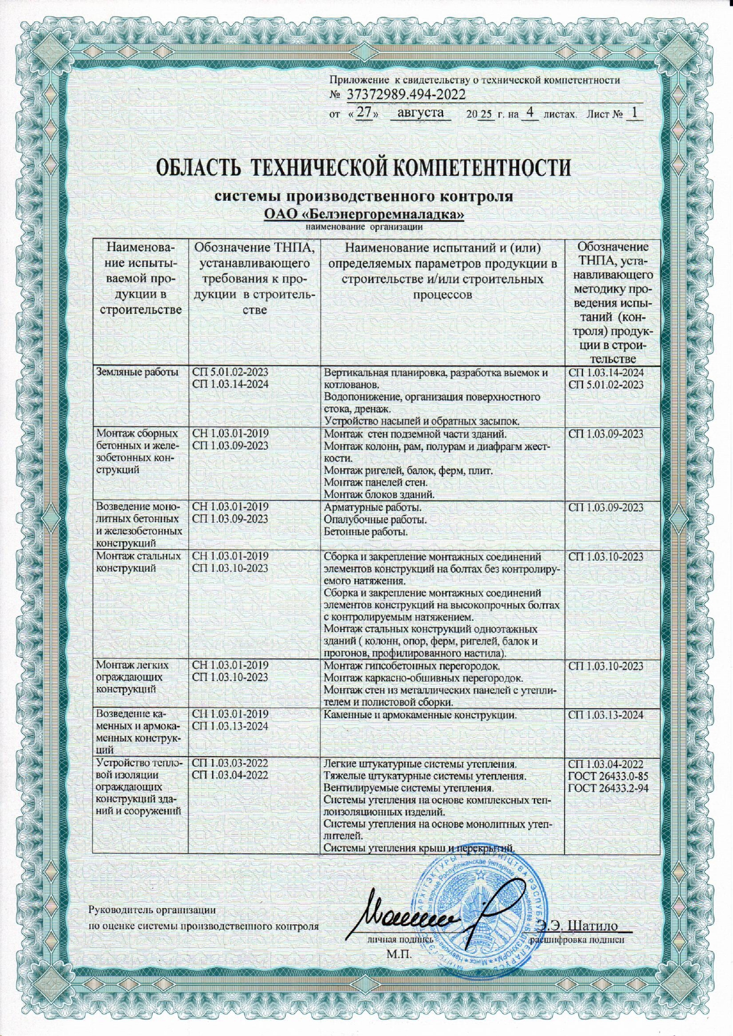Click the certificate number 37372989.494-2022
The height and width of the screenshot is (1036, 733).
pos(406,95)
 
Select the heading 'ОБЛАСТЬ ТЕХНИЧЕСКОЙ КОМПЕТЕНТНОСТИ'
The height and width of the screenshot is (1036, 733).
pos(364,167)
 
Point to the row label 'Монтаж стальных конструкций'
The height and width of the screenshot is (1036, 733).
pos(138,562)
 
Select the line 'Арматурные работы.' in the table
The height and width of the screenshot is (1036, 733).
pos(373,508)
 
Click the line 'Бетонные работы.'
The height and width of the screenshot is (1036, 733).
pos(366,532)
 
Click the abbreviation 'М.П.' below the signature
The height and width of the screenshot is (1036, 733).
pos(398,953)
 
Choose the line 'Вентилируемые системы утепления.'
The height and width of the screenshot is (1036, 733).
pos(409,788)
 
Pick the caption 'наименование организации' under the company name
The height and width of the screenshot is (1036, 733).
pos(364,226)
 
